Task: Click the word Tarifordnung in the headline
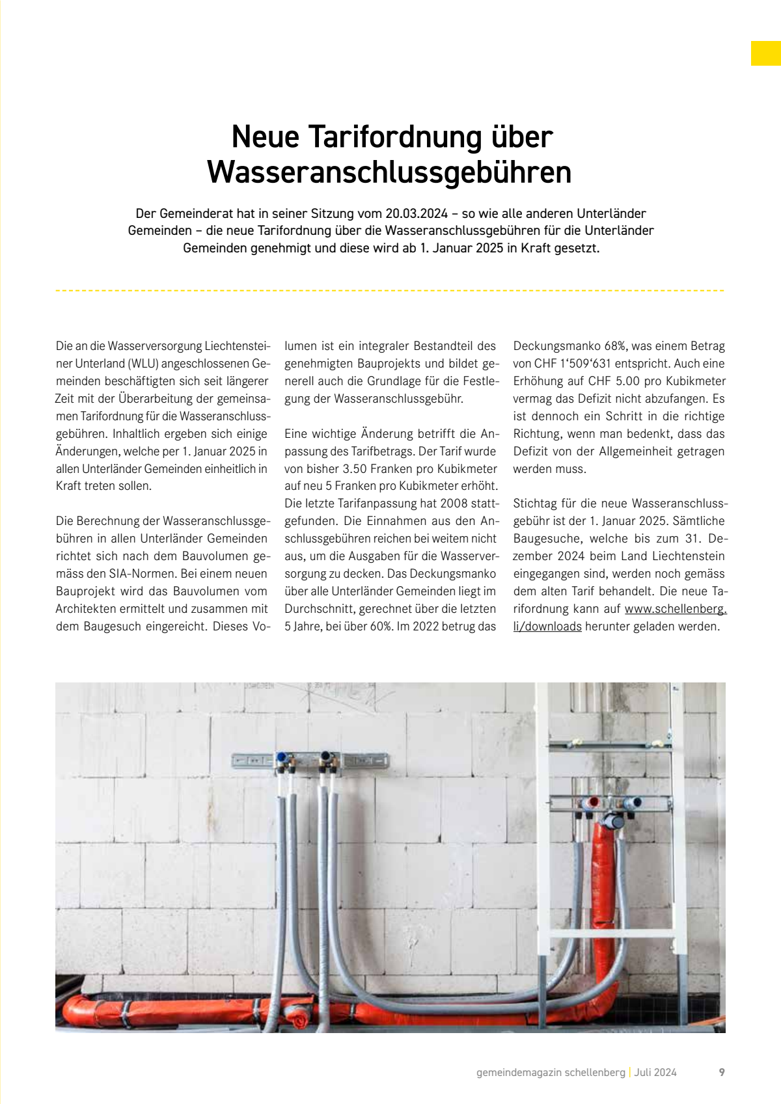coord(396,138)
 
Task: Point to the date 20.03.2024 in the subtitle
coord(417,213)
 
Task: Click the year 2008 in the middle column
coord(454,504)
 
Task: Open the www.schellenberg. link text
coord(675,609)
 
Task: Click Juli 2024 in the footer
coord(655,1073)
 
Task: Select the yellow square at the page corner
coord(765,53)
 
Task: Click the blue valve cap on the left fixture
coord(282,757)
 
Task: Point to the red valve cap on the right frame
coord(594,802)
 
